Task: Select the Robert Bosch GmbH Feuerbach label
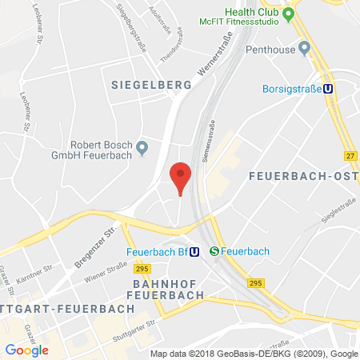click(101, 151)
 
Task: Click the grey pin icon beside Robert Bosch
click(143, 147)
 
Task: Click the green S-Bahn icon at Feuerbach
click(214, 250)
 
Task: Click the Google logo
click(26, 349)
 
